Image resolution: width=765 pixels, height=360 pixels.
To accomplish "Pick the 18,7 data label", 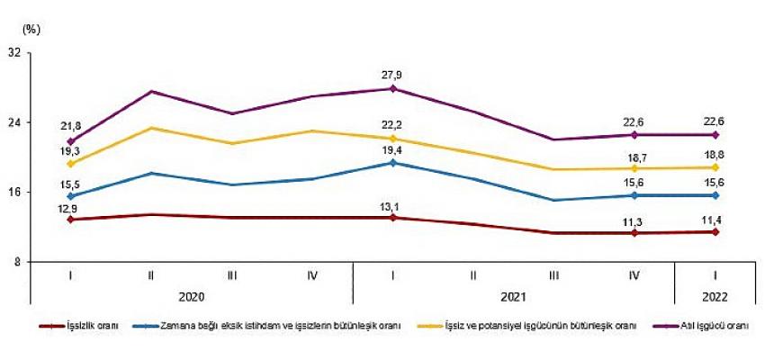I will tap(635, 154).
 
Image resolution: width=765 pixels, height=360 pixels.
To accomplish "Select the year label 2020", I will tap(192, 294).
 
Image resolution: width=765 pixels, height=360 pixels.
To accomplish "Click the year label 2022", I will tap(715, 294).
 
